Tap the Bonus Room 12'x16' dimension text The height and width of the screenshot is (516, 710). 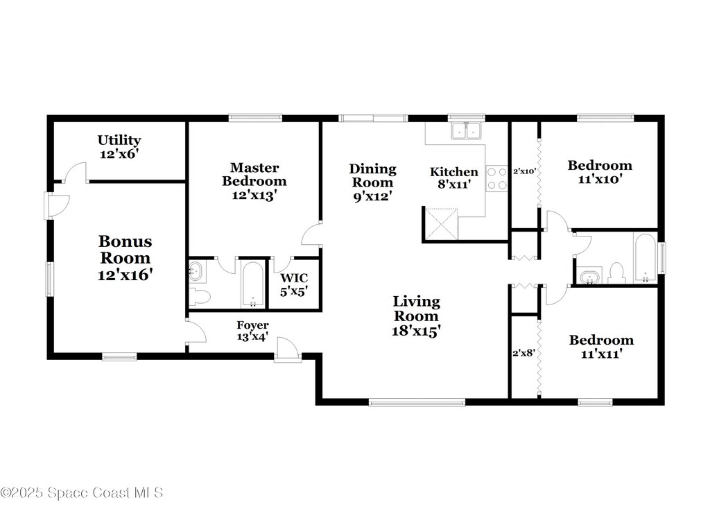pos(125,275)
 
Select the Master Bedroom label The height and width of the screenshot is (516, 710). pos(254,174)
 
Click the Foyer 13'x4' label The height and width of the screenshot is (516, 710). pos(252,331)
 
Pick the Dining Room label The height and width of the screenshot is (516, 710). pos(372,175)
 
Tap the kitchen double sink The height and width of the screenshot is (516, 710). pos(466,131)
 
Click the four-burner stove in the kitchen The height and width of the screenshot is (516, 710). pos(496,178)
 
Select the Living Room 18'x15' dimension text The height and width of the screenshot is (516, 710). pos(416,331)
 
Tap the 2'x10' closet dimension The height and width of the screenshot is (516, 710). pos(525,172)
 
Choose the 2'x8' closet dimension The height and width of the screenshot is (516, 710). pos(524,352)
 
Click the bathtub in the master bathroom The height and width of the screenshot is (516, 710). pos(252,284)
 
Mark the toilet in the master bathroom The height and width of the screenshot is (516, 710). pos(200,297)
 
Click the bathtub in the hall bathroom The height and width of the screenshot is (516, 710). pos(645,258)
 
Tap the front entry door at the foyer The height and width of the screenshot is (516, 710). pos(288,350)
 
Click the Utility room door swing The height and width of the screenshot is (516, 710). pos(75,173)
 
